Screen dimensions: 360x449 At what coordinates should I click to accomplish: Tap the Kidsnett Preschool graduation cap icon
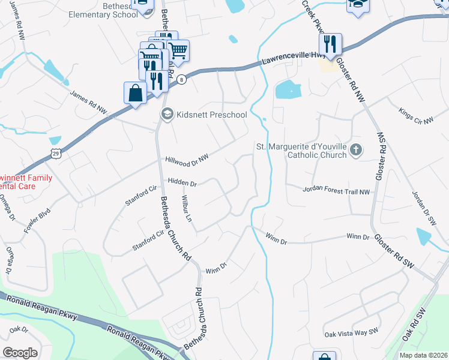(166, 114)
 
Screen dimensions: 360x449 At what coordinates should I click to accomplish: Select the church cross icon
(356, 150)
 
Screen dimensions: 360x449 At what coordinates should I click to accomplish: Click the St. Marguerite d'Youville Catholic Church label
(302, 151)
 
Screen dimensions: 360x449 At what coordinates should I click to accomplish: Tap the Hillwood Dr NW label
(187, 161)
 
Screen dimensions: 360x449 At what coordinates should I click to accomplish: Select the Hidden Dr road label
(182, 182)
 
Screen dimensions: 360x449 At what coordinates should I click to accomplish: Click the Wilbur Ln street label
(186, 208)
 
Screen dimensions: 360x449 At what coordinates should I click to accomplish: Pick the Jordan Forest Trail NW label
(336, 191)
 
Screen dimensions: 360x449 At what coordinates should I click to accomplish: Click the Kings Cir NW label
(415, 116)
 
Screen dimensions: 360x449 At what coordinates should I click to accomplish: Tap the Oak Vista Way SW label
(351, 332)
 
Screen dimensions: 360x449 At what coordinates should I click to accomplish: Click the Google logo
(20, 352)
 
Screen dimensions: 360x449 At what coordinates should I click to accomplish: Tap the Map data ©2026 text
(424, 355)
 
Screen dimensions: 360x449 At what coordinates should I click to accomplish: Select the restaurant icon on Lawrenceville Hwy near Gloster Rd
(330, 44)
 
